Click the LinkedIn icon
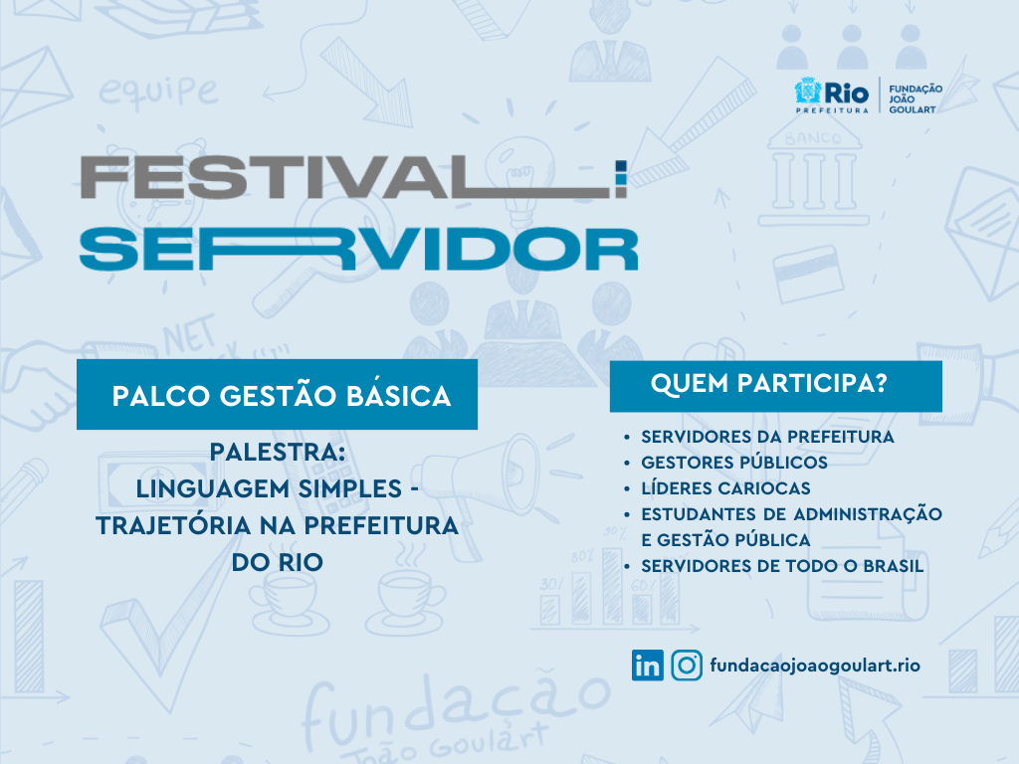pyautogui.click(x=647, y=666)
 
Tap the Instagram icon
pyautogui.click(x=687, y=666)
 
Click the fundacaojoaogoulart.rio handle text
pyautogui.click(x=815, y=666)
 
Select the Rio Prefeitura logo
pyautogui.click(x=832, y=95)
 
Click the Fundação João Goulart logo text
pyautogui.click(x=916, y=99)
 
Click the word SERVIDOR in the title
pyautogui.click(x=358, y=249)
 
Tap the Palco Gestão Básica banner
pyautogui.click(x=277, y=394)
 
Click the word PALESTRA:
pyautogui.click(x=278, y=453)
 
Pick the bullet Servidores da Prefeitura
pyautogui.click(x=767, y=437)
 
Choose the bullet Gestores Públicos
pyautogui.click(x=734, y=463)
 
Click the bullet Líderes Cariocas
pyautogui.click(x=725, y=488)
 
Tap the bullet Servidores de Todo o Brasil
pyautogui.click(x=782, y=566)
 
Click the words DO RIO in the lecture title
pyautogui.click(x=278, y=563)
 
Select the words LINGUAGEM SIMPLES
pyautogui.click(x=269, y=488)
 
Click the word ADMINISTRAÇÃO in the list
pyautogui.click(x=868, y=514)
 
